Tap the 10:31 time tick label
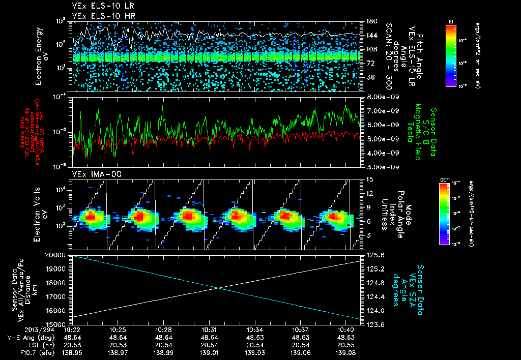[x=213, y=329]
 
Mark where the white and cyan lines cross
[x=219, y=288]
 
